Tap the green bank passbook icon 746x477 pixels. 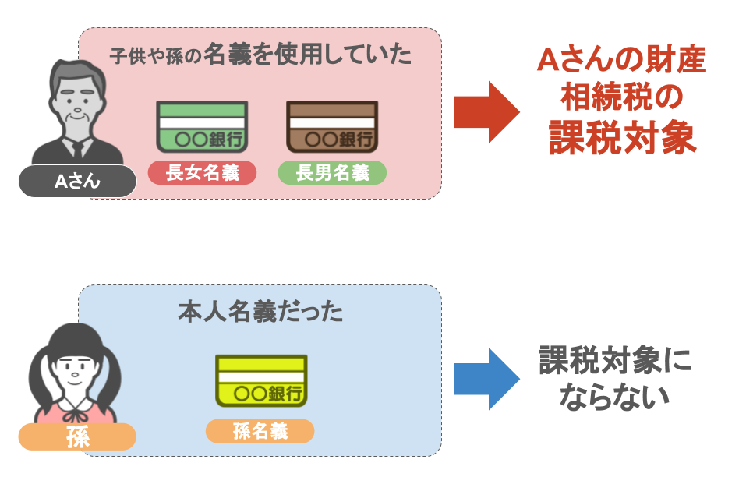tap(201, 126)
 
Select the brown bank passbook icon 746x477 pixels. tap(331, 126)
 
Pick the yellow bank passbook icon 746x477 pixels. tap(261, 380)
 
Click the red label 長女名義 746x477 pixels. tap(202, 172)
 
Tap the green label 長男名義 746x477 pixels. tap(332, 172)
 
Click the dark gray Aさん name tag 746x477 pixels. tap(77, 182)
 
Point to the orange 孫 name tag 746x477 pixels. tap(77, 436)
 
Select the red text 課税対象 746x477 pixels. tap(621, 138)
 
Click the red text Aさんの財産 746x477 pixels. tap(621, 60)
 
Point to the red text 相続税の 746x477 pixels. tap(621, 98)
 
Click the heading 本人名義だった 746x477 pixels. tap(260, 311)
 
